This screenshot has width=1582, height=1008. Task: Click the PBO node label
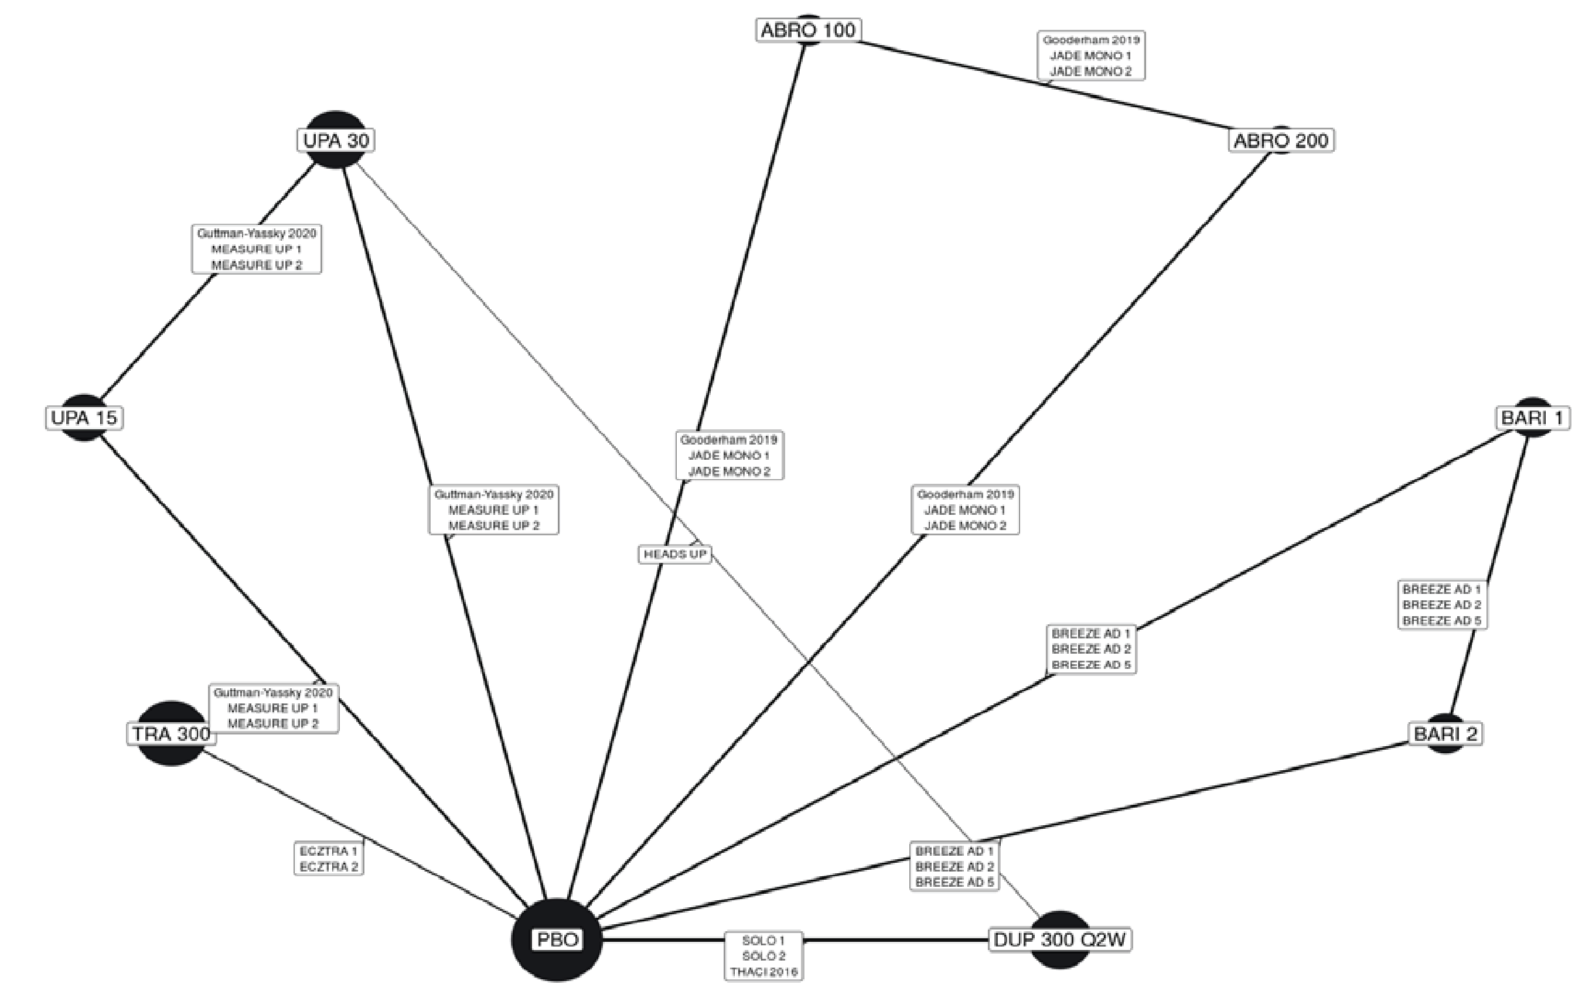point(557,939)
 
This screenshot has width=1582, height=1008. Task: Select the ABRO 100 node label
point(807,30)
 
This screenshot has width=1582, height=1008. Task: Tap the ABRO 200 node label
point(1280,141)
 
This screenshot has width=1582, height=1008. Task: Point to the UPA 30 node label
point(336,140)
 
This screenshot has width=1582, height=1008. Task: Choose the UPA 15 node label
point(84,418)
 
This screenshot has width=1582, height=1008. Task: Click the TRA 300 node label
point(172,733)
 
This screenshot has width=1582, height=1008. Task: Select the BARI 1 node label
point(1532,418)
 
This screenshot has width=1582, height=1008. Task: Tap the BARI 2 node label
point(1445,733)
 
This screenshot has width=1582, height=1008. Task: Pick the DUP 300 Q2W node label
point(1060,939)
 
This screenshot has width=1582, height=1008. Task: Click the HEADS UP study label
point(675,554)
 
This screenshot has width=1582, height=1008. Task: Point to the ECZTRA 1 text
point(329,851)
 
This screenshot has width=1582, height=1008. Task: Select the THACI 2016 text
point(763,972)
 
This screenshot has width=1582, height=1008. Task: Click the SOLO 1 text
point(763,941)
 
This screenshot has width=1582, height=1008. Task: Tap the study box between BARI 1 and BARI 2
point(1441,605)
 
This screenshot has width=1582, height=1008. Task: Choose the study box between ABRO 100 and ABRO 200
point(1090,56)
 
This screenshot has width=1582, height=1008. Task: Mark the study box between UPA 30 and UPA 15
point(256,249)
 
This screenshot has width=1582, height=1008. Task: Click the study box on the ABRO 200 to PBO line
point(965,510)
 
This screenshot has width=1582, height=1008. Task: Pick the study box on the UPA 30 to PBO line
point(493,510)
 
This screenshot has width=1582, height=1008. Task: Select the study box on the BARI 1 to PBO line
point(1090,650)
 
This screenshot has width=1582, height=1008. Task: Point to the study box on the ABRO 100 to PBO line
point(729,455)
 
